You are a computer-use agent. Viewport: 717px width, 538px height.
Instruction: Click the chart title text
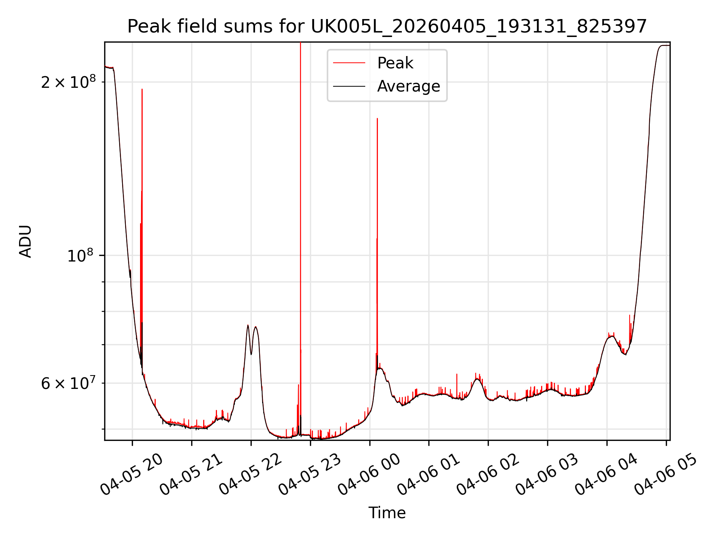[x=387, y=27]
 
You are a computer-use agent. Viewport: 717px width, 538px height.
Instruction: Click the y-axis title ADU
[x=25, y=241]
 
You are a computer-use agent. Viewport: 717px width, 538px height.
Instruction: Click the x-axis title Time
[x=387, y=513]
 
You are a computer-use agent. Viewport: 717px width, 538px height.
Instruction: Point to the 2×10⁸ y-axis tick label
[x=68, y=81]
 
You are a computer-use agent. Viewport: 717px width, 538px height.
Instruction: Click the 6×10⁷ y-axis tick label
[x=68, y=383]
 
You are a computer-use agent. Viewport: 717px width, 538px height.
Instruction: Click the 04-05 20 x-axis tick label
[x=132, y=475]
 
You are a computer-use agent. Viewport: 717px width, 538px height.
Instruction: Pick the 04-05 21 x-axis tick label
[x=191, y=475]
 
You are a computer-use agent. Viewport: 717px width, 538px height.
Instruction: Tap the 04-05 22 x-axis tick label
[x=251, y=475]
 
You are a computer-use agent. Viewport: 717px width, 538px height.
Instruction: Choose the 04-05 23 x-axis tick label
[x=310, y=475]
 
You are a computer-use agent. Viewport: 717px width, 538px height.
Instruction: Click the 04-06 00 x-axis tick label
[x=369, y=475]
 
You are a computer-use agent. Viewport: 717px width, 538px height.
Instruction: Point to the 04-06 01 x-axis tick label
[x=429, y=475]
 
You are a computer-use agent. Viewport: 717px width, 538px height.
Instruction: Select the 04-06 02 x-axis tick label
[x=488, y=475]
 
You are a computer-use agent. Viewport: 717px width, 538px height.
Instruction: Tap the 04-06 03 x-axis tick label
[x=547, y=475]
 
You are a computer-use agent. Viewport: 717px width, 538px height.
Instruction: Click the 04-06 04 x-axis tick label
[x=607, y=475]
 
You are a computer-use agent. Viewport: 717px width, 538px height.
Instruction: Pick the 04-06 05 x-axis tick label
[x=666, y=475]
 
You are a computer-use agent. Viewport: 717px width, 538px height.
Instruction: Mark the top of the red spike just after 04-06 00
[x=377, y=118]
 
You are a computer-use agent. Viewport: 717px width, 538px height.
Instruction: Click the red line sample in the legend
[x=349, y=63]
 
